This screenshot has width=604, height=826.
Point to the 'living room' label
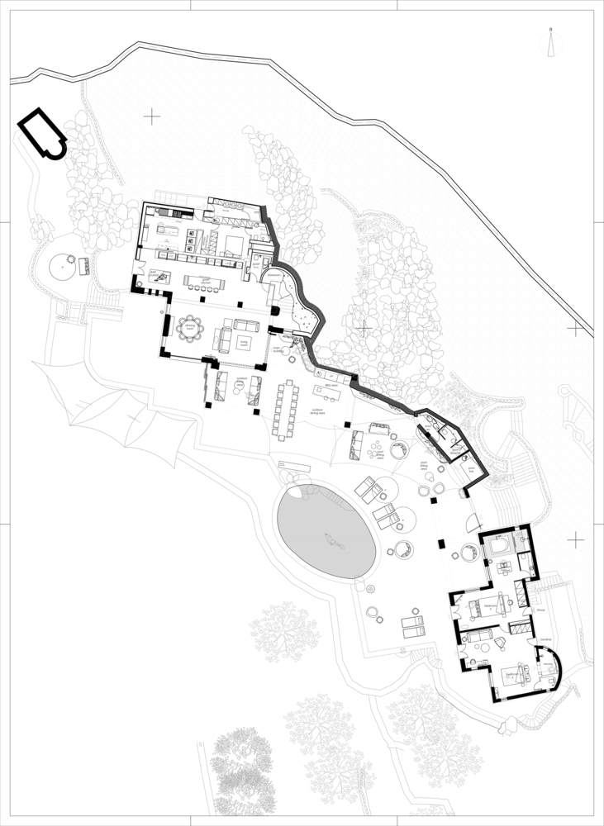tap(244, 339)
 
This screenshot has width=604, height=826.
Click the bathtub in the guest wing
tap(500, 547)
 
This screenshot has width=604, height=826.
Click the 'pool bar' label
tap(472, 468)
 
